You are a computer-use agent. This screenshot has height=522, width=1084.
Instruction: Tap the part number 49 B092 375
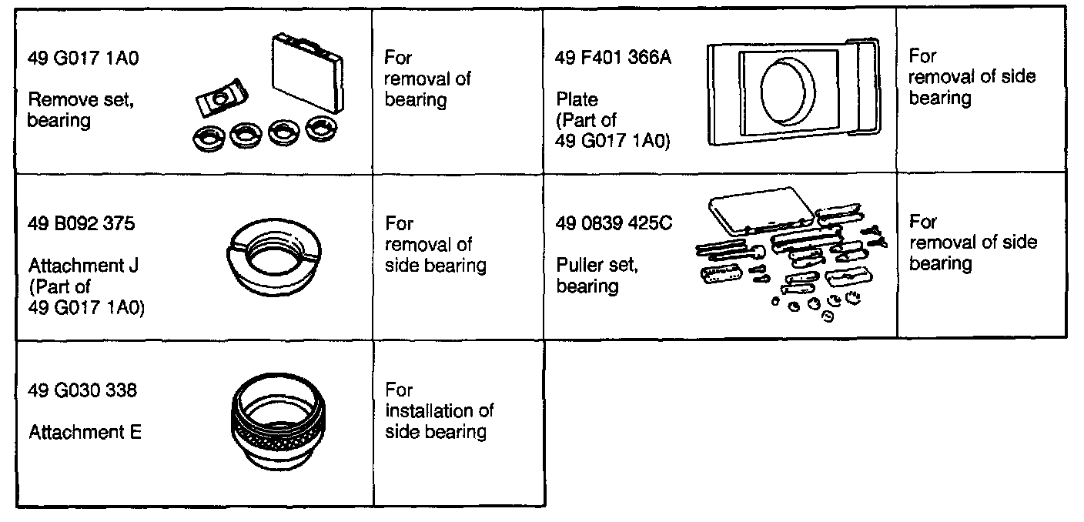coord(82,224)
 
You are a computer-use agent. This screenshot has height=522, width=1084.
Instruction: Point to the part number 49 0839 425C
coord(614,224)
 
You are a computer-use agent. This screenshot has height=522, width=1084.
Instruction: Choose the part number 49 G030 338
coord(82,390)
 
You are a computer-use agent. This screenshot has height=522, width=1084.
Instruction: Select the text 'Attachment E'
coord(85,433)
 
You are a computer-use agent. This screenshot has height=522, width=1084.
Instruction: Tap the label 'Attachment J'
coord(84,266)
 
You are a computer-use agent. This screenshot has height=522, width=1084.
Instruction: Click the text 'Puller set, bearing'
coord(597,276)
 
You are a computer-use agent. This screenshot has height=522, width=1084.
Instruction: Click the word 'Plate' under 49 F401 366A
coord(577,100)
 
